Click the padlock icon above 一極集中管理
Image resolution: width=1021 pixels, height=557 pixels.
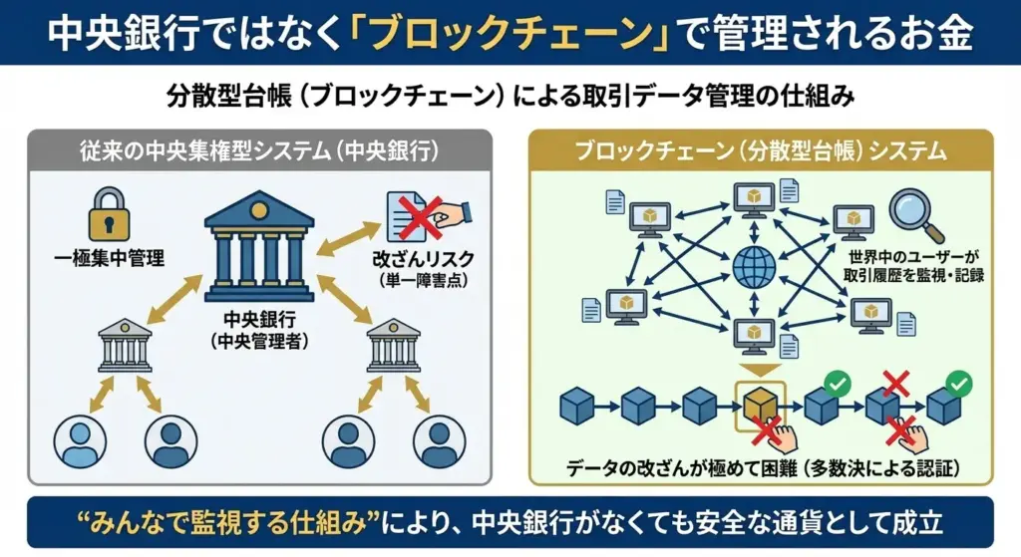click(x=109, y=210)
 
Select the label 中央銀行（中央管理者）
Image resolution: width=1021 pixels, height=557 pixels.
click(x=258, y=331)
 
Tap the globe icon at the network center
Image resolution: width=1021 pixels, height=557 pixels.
click(x=755, y=266)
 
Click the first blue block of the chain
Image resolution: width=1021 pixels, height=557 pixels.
click(x=577, y=406)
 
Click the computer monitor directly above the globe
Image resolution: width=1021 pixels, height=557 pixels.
click(x=756, y=199)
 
